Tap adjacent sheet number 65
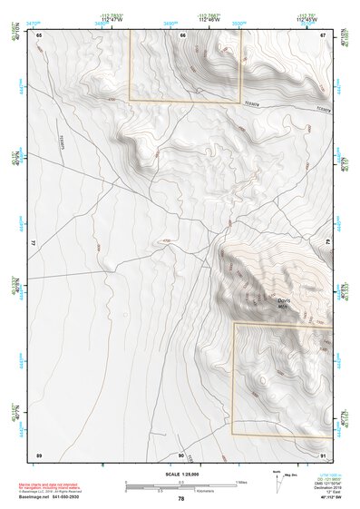pos(39,34)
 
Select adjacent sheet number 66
pos(182,34)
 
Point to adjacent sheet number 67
pos(324,34)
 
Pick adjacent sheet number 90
pos(181,455)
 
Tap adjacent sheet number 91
pos(324,455)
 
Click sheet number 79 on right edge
pos(328,243)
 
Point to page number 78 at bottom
pos(181,499)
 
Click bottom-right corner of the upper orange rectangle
pos(241,101)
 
